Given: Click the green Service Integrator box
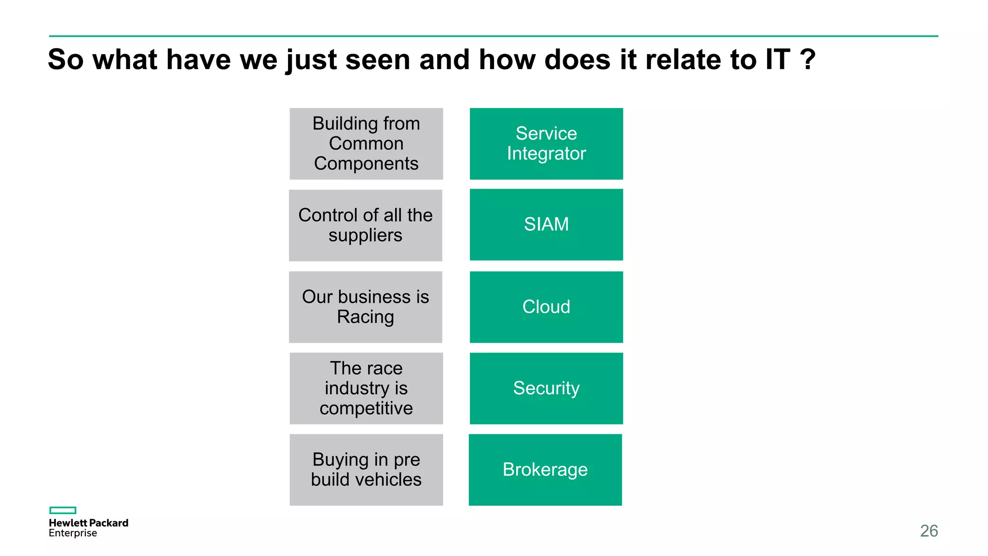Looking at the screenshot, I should click(x=546, y=144).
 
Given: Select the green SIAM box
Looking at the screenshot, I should click(x=546, y=224).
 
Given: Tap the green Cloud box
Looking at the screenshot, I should click(x=546, y=307).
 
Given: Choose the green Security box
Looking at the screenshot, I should click(x=546, y=389).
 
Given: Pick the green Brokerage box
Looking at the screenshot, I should click(x=545, y=470).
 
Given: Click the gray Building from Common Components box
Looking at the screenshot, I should click(x=366, y=144).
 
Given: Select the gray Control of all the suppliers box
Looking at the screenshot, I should click(x=365, y=225).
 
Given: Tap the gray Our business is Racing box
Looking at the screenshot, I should click(x=365, y=307).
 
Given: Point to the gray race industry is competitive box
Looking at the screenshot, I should click(x=366, y=389).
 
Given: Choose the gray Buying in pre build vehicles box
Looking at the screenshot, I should click(x=366, y=470).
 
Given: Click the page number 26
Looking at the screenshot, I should click(x=929, y=531).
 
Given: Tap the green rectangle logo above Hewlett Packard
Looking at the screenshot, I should click(x=63, y=510).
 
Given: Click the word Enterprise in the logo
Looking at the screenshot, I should click(x=73, y=533).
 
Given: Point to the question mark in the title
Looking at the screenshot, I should click(x=807, y=59).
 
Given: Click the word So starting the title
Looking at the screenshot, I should click(x=66, y=59).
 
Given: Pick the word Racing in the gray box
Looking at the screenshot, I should click(x=365, y=317).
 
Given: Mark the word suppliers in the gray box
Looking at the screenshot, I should click(x=365, y=236).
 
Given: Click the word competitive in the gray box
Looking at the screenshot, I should click(x=366, y=408).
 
